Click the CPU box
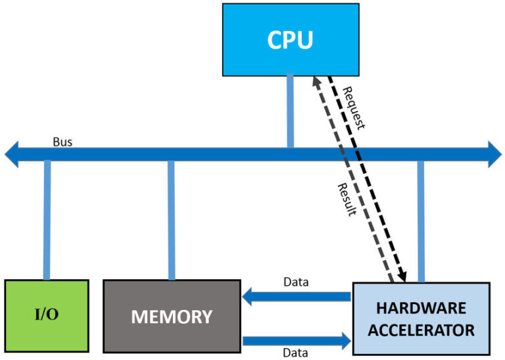[290, 39]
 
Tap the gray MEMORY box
[172, 316]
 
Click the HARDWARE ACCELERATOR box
[421, 319]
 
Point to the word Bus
[62, 141]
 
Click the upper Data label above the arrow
[297, 282]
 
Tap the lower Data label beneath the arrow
[296, 353]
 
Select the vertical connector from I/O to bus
[47, 220]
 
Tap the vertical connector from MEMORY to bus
[171, 220]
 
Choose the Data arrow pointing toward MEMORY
[296, 297]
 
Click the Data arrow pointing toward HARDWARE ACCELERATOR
[296, 340]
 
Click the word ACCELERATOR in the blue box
[421, 330]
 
